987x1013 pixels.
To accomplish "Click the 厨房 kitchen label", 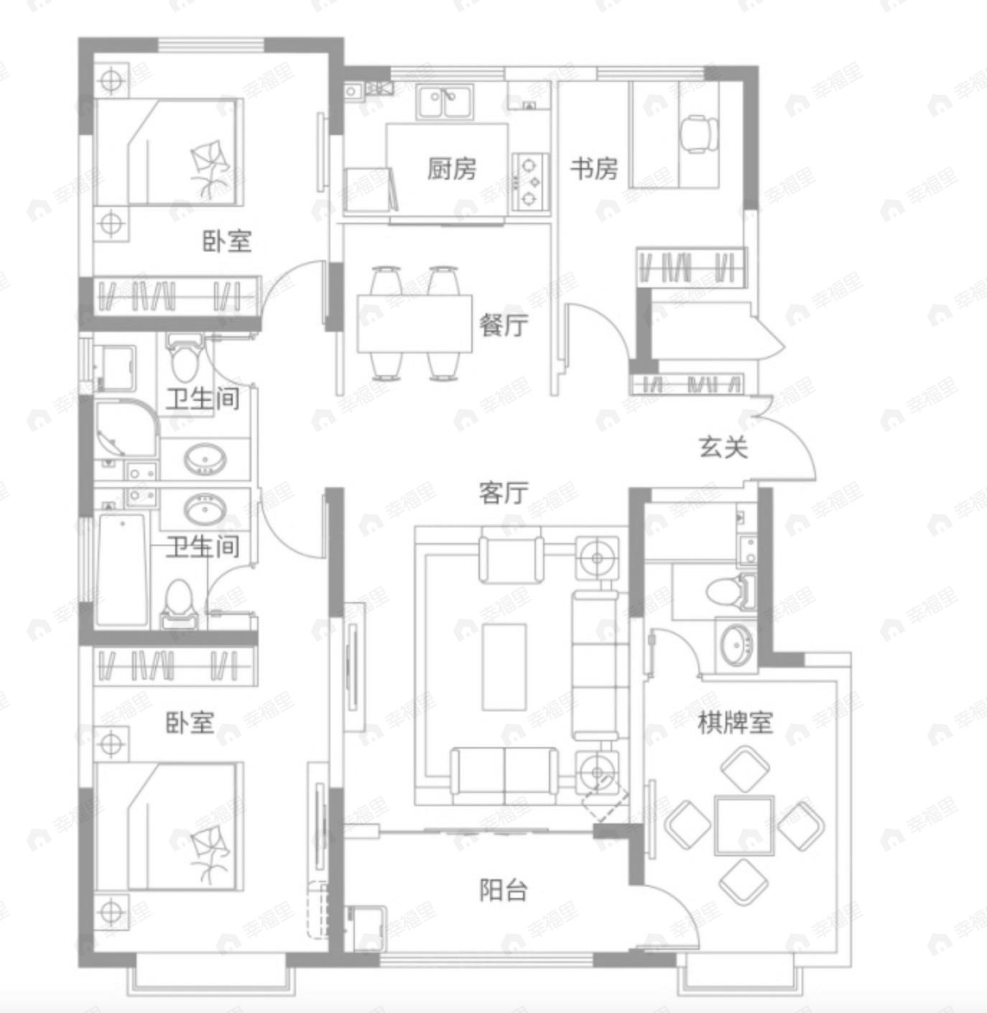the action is pos(451,169).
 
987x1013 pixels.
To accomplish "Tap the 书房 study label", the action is pos(594,169).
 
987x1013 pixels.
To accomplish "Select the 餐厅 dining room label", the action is pos(504,325).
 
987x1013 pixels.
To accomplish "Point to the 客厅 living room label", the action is pos(504,492).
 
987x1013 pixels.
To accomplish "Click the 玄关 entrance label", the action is pos(723,447).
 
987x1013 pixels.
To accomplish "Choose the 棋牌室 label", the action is pos(736,722).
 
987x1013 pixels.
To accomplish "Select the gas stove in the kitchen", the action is pos(530,182).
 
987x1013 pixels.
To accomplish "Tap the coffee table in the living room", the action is pos(504,667).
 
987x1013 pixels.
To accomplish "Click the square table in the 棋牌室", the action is pos(744,825).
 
